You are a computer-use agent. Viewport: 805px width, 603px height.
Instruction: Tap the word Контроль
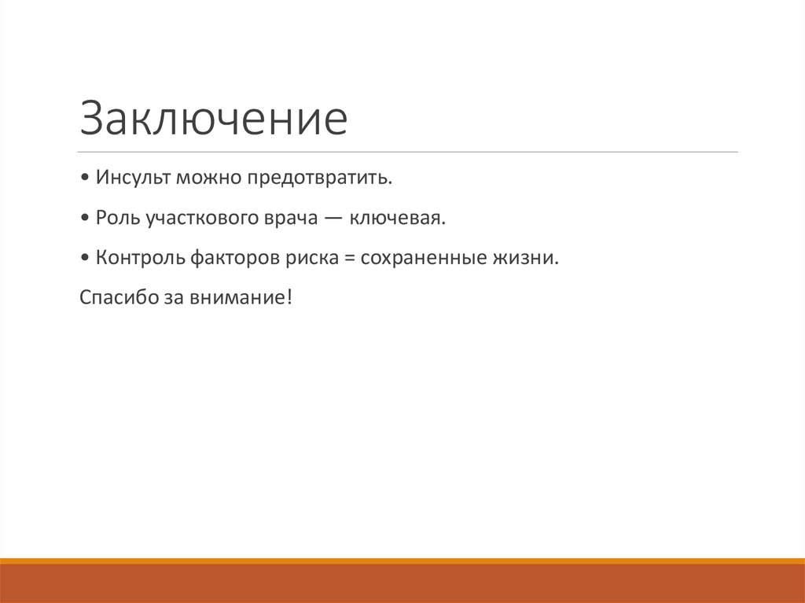pos(139,258)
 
